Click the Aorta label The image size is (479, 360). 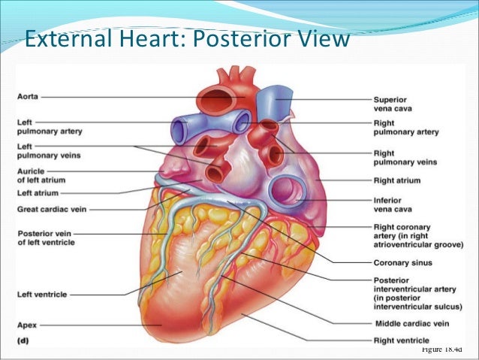29,97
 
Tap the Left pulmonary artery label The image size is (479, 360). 50,126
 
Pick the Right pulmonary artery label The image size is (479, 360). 405,127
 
